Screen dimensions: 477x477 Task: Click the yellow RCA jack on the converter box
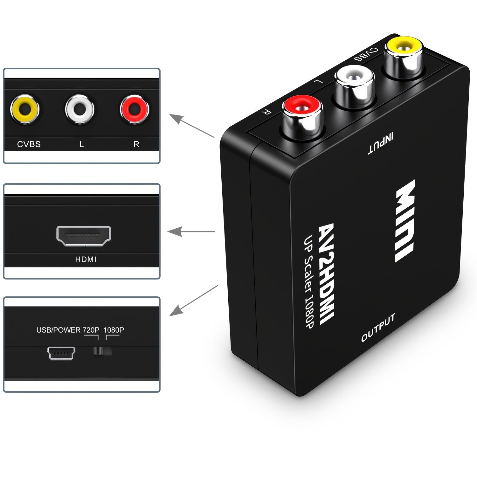[403, 51]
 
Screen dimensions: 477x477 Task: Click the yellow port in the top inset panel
[25, 109]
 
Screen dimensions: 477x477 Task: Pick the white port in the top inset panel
[79, 109]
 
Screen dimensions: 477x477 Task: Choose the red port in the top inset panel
[135, 109]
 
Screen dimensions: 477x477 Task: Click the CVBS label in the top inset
[29, 144]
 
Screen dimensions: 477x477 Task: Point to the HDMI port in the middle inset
[84, 236]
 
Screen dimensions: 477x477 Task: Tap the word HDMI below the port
[86, 259]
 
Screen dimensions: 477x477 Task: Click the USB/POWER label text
[58, 330]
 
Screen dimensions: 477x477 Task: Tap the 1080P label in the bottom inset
[114, 330]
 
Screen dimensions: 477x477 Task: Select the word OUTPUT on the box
[378, 328]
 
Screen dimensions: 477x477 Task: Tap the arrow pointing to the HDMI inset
[191, 232]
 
